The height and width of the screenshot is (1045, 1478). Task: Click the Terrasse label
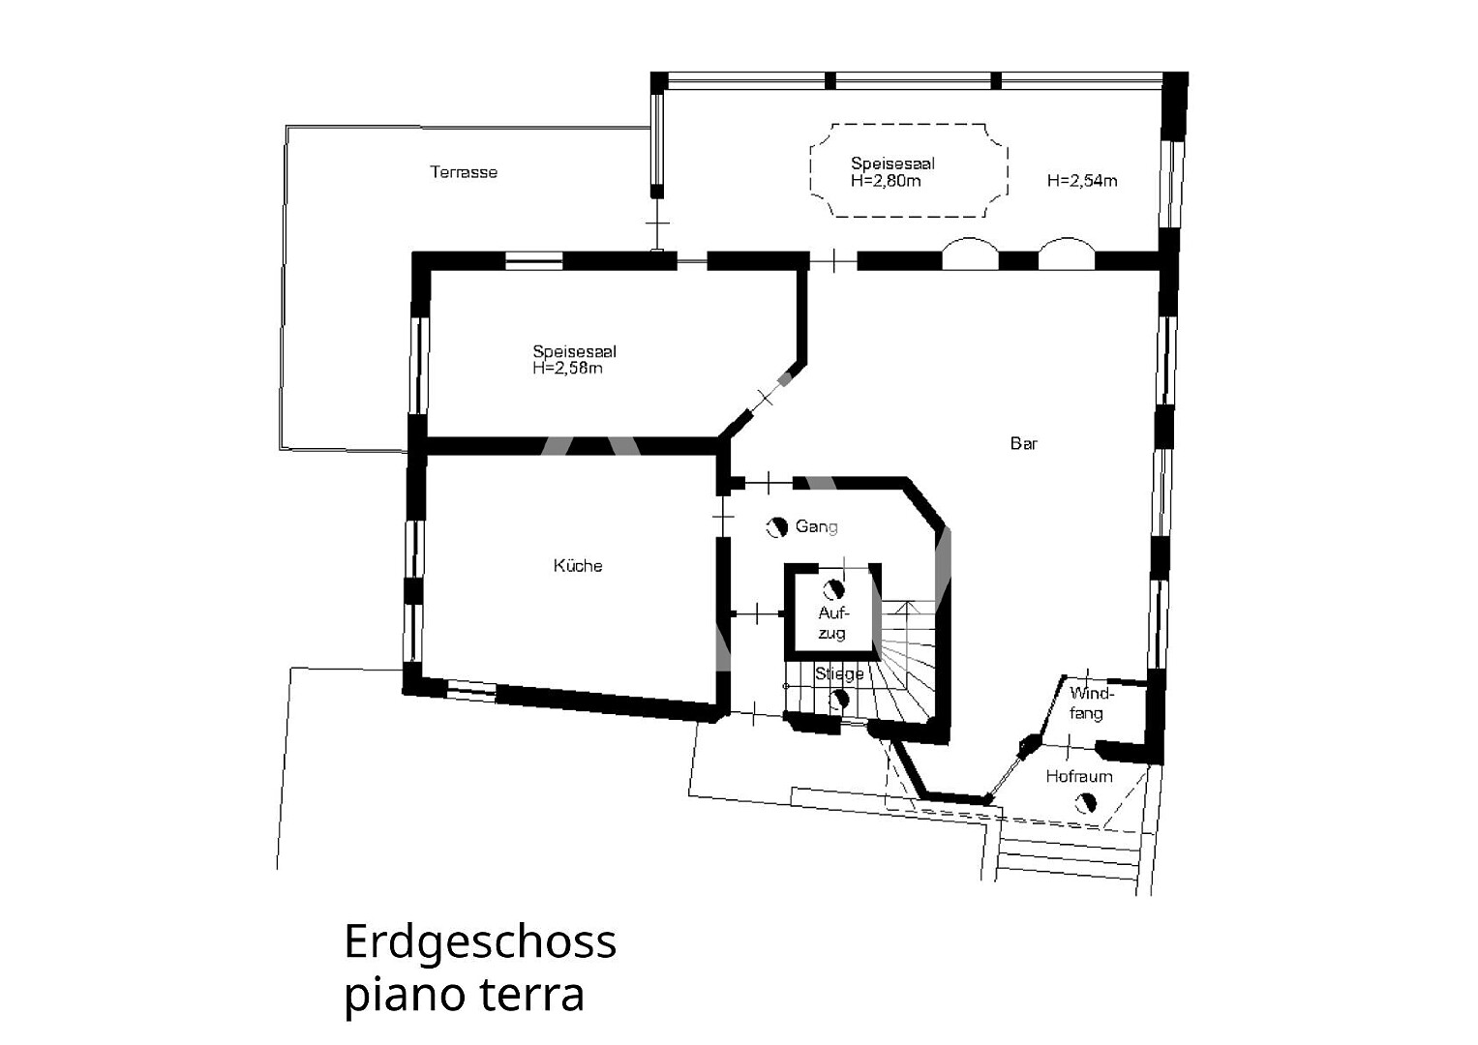tap(464, 172)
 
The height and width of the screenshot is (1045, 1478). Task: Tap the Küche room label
tap(578, 565)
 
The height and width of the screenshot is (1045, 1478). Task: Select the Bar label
tap(1024, 443)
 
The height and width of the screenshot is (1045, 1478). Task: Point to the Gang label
tap(817, 526)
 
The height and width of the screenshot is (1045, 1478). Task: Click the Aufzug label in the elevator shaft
tap(832, 623)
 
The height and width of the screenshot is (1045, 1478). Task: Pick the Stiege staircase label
tap(839, 673)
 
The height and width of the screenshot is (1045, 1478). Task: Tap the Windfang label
tap(1092, 703)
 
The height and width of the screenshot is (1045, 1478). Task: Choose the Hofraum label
tap(1079, 776)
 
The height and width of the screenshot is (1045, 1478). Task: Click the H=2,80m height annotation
tap(886, 181)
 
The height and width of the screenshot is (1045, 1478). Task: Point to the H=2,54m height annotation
tap(1082, 181)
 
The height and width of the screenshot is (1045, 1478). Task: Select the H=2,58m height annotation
tap(567, 368)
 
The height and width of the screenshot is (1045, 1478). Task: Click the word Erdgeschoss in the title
tap(480, 941)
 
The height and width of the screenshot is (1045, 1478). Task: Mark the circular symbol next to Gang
tap(776, 526)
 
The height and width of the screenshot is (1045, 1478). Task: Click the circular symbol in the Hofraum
tap(1086, 803)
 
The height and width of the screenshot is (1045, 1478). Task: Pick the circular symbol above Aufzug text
tap(834, 589)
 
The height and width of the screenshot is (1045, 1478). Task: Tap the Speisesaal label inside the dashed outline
tap(892, 164)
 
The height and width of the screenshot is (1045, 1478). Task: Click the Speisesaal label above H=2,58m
tap(575, 351)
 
